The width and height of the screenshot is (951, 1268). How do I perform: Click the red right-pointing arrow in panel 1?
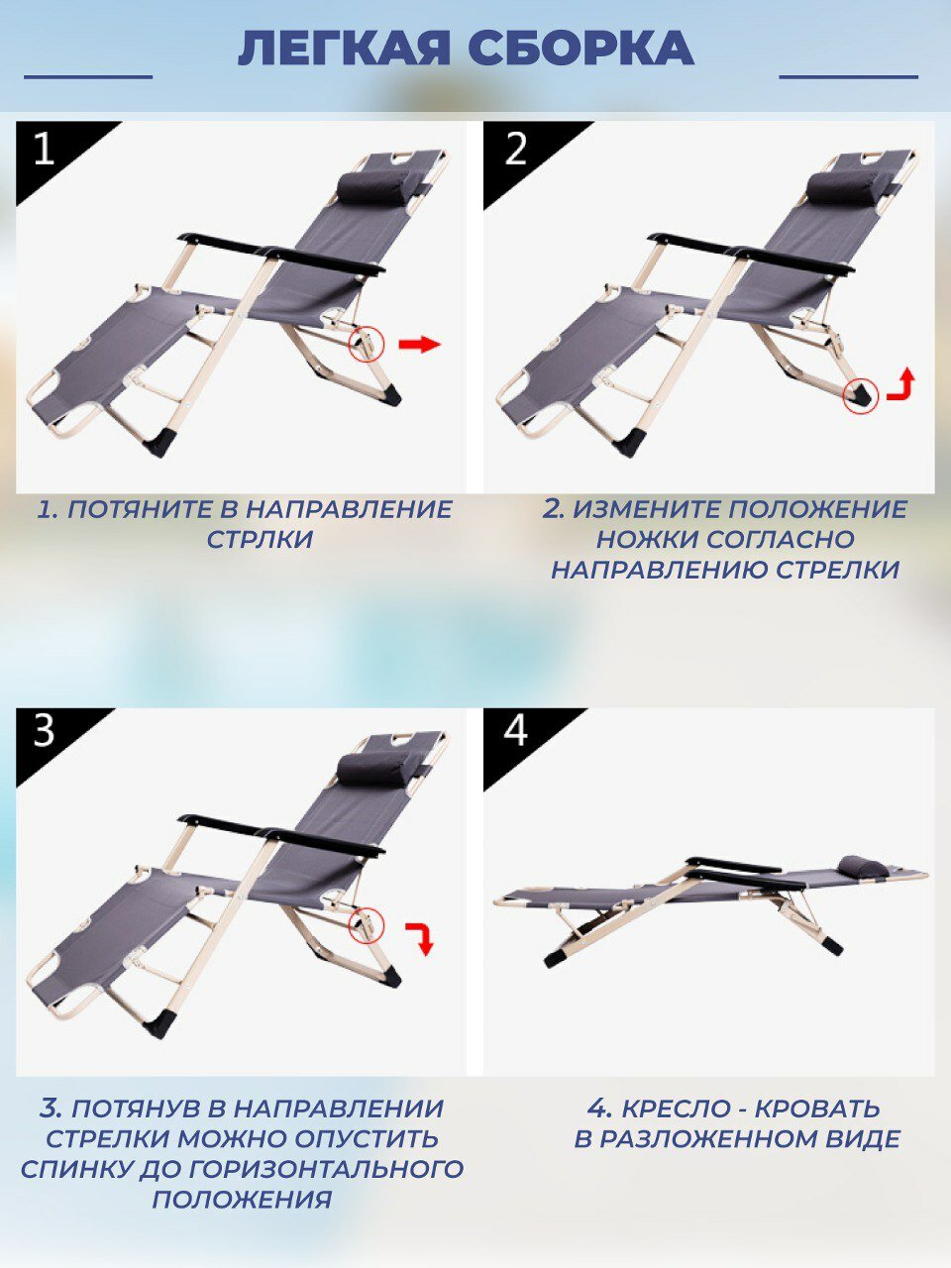click(x=420, y=345)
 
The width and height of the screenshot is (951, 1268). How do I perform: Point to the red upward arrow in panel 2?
click(x=901, y=383)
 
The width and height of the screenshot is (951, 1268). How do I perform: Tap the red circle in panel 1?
click(x=367, y=345)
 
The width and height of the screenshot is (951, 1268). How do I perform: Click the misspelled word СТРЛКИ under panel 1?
click(x=260, y=540)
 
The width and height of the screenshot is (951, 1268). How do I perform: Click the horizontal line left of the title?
click(x=88, y=77)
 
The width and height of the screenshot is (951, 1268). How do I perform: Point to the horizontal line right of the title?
click(x=848, y=77)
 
